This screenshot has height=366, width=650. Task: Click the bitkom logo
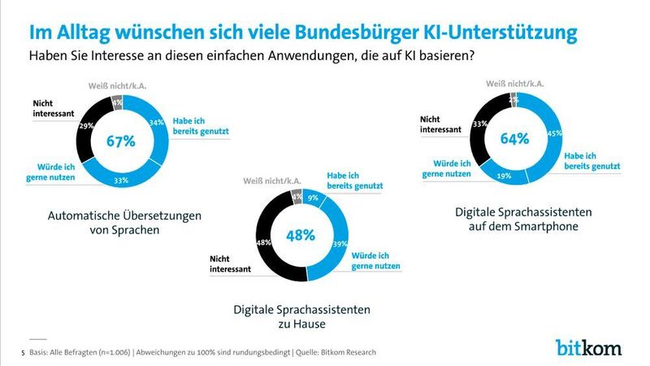click(x=588, y=346)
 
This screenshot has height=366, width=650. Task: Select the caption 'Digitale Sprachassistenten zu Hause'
click(x=302, y=316)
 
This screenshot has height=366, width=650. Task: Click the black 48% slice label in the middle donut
click(x=263, y=242)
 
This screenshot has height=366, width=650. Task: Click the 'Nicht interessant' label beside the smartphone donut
click(x=441, y=123)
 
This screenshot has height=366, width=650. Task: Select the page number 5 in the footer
click(x=22, y=351)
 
